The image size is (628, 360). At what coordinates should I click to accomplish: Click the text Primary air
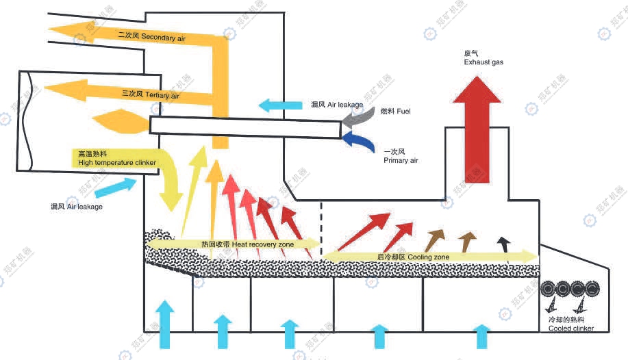click(401, 160)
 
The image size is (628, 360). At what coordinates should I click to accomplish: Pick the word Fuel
click(405, 111)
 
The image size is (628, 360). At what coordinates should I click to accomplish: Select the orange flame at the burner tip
click(122, 123)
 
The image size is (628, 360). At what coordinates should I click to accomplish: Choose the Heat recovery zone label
click(247, 244)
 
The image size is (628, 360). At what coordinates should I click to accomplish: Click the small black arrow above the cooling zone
click(504, 243)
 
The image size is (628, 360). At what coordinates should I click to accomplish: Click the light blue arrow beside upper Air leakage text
click(280, 105)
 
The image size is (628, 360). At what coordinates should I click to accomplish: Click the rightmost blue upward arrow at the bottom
click(482, 336)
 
